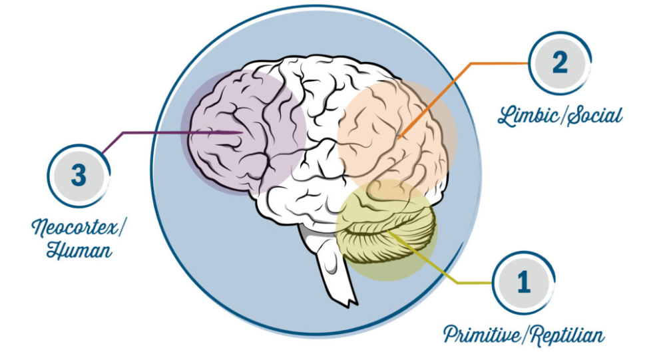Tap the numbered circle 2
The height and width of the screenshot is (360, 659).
coord(559,63)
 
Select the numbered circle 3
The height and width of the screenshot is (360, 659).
coord(79,176)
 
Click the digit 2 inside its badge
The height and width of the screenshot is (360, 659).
coord(559,63)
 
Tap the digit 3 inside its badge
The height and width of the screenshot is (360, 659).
coord(79,176)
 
